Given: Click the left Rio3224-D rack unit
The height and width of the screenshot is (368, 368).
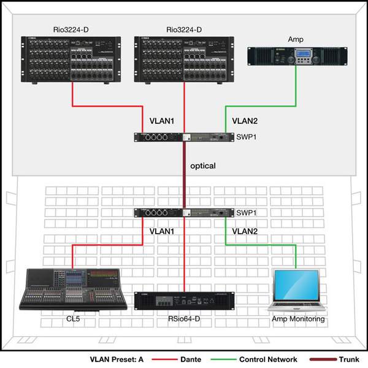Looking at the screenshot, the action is point(71,59).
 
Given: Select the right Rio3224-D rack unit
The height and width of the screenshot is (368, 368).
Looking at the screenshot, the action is point(184,59).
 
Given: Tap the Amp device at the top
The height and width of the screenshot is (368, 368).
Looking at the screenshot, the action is point(297,56).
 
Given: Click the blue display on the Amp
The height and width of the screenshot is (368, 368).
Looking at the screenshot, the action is point(303,53).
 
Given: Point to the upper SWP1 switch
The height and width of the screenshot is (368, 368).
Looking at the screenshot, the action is point(184,137).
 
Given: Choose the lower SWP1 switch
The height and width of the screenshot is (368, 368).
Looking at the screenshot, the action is point(184,213).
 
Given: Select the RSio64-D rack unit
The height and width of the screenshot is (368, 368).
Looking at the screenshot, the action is point(184,301).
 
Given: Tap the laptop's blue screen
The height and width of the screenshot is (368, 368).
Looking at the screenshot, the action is point(296,285).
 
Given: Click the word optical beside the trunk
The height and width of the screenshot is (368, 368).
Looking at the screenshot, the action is point(203,166).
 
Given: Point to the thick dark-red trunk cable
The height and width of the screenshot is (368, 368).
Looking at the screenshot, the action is point(184,175).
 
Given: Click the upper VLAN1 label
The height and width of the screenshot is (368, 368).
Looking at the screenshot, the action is point(162,121).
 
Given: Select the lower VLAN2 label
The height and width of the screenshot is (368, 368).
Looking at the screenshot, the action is point(245,231).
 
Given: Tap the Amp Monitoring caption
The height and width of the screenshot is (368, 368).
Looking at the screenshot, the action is point(298,319).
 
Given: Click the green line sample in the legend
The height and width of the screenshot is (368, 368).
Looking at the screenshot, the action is point(224,359).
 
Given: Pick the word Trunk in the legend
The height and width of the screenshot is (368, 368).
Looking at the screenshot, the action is point(349,359).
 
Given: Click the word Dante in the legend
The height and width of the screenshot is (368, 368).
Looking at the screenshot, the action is point(191,359).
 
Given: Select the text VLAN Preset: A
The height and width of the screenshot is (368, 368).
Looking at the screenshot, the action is point(117,359).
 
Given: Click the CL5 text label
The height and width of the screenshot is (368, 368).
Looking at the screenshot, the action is point(73,319).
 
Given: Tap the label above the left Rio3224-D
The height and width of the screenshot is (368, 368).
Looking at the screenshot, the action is point(71,30).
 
